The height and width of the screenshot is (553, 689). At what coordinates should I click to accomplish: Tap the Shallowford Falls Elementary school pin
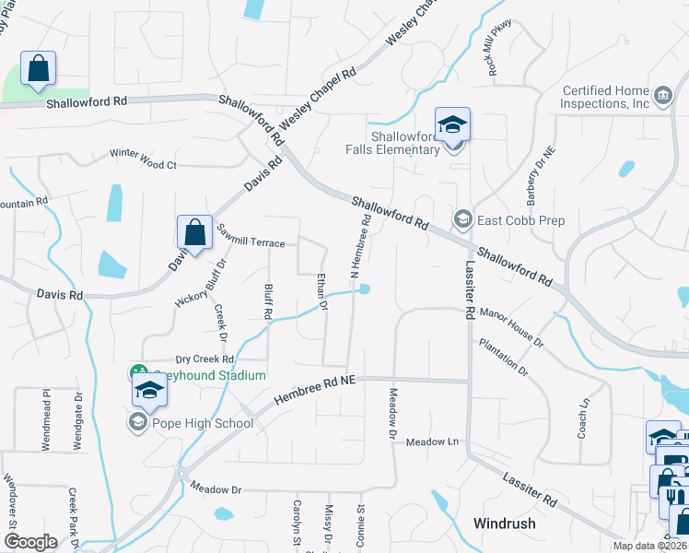point(453,124)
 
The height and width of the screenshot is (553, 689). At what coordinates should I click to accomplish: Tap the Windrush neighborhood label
point(504,523)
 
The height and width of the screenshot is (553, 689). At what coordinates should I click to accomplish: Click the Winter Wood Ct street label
point(143,159)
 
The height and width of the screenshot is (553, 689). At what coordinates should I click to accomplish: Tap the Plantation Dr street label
point(504,358)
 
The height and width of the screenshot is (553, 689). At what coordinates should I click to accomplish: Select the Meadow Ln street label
point(433,442)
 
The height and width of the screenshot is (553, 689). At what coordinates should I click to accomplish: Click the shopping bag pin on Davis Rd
point(194,232)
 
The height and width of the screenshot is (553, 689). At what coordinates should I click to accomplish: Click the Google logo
point(30,542)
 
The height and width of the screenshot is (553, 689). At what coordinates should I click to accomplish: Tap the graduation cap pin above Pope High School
point(149,390)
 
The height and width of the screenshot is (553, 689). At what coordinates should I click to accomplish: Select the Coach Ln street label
point(583,418)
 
